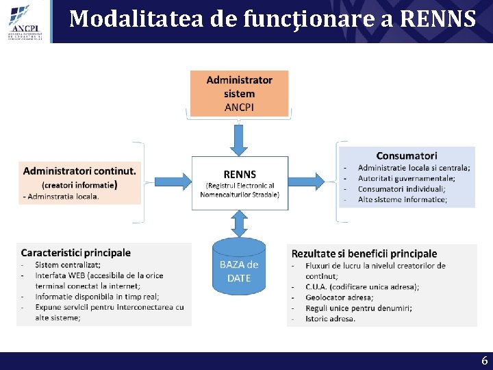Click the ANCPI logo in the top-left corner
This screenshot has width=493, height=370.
[25, 21]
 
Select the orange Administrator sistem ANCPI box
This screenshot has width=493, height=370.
[239, 93]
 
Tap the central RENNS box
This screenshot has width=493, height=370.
[239, 182]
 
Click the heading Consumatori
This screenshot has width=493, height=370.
[406, 156]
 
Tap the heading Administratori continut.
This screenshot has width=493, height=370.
[79, 171]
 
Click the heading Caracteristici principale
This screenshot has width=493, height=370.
[75, 253]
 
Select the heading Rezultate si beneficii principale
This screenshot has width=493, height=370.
[364, 254]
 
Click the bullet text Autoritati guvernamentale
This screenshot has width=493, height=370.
[406, 178]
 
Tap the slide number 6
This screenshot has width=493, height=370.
[484, 360]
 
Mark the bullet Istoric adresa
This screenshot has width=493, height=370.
[330, 319]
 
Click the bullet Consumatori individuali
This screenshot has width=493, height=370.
[401, 188]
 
